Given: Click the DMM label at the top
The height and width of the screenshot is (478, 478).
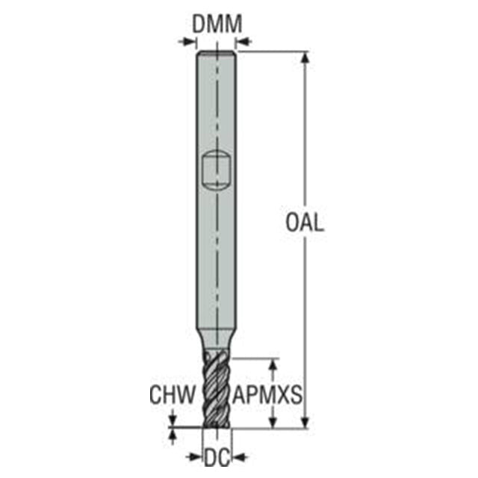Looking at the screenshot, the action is click(217, 24).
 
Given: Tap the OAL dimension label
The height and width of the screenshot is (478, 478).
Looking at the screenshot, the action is click(305, 223).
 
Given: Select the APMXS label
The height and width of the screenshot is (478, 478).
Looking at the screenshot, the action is click(267, 395).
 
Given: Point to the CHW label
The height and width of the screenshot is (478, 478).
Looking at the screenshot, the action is click(173, 395).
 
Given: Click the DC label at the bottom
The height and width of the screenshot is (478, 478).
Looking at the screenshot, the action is click(217, 457).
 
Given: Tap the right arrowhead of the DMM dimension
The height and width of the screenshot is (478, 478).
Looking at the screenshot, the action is click(242, 41).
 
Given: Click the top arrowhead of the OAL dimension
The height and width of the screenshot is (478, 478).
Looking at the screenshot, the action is click(305, 58).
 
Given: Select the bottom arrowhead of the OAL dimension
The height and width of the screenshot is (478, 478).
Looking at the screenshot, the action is click(305, 421).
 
